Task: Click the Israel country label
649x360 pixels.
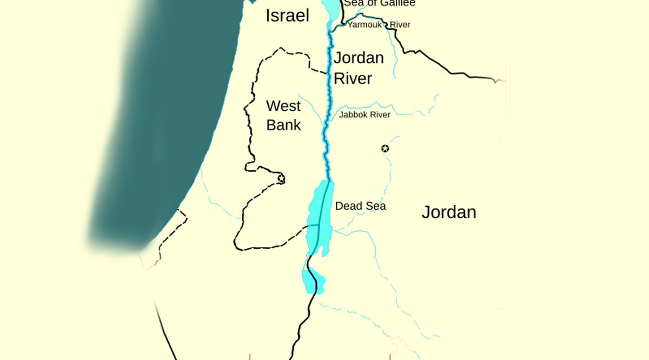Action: pos(287,16)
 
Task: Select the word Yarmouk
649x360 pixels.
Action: pos(365,25)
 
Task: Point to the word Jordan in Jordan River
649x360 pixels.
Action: pos(359,58)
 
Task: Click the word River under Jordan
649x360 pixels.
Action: pos(353,78)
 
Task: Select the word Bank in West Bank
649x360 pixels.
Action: pos(283,125)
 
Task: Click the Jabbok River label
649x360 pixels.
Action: pos(365,115)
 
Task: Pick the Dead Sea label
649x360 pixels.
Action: pos(360,206)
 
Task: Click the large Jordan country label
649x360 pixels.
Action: pos(448,212)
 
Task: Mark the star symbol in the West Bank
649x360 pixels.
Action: pos(281,178)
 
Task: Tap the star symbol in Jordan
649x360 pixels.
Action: pos(385,149)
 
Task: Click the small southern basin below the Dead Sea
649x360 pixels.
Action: pos(313,282)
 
